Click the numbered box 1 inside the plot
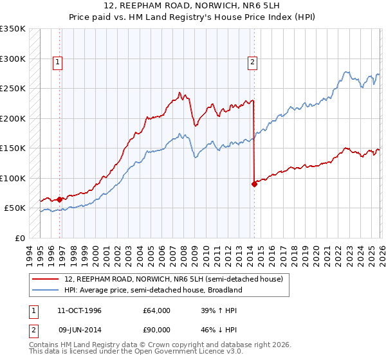(x=58, y=62)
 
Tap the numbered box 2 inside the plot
(x=252, y=62)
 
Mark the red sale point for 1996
(x=60, y=199)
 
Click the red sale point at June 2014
(x=254, y=184)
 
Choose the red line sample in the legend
(x=46, y=278)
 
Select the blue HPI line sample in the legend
(x=46, y=290)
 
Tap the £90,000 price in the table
(x=157, y=329)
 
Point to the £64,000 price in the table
(x=157, y=310)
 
